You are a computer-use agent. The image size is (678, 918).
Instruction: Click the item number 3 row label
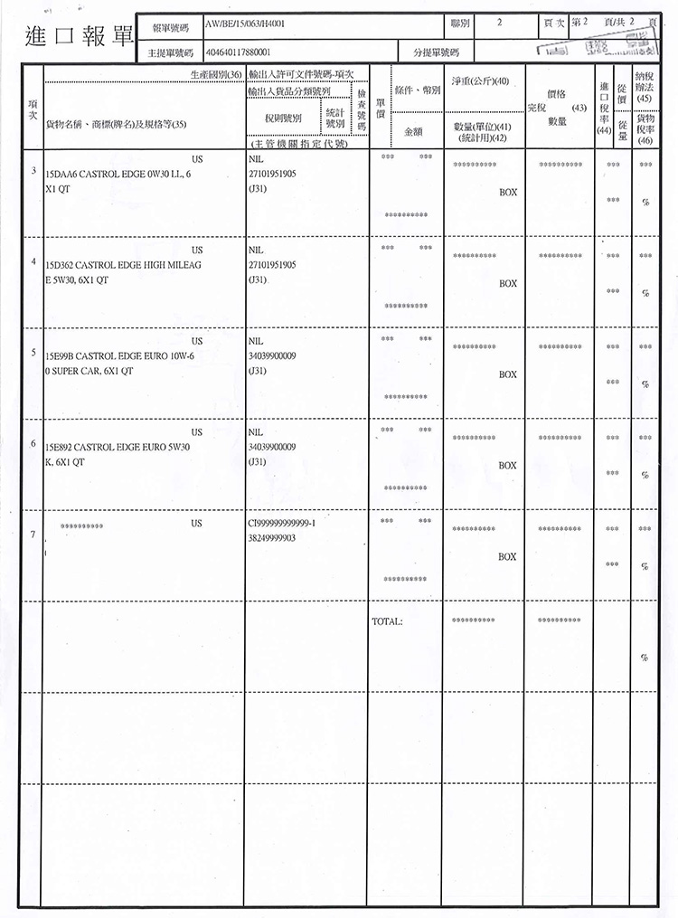pos(33,171)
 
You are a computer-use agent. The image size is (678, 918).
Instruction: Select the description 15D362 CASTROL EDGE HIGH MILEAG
pos(117,265)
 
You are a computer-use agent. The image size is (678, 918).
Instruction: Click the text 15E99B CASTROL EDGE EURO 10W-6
pos(117,356)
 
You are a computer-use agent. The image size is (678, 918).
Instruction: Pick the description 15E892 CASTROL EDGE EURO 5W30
pos(117,448)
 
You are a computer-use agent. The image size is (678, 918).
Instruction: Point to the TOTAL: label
pos(387,621)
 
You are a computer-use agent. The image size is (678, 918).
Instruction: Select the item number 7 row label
pos(33,534)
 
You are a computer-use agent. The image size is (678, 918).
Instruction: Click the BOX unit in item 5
pos(508,374)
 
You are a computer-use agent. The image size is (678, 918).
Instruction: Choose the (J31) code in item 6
pos(257,462)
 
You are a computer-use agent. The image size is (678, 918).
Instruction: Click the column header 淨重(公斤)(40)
pos(479,81)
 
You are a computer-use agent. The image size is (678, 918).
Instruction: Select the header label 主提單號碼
pos(172,53)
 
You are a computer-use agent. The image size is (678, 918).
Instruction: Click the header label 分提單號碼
pos(437,53)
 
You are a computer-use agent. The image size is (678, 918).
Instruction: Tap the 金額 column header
pos(414,130)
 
